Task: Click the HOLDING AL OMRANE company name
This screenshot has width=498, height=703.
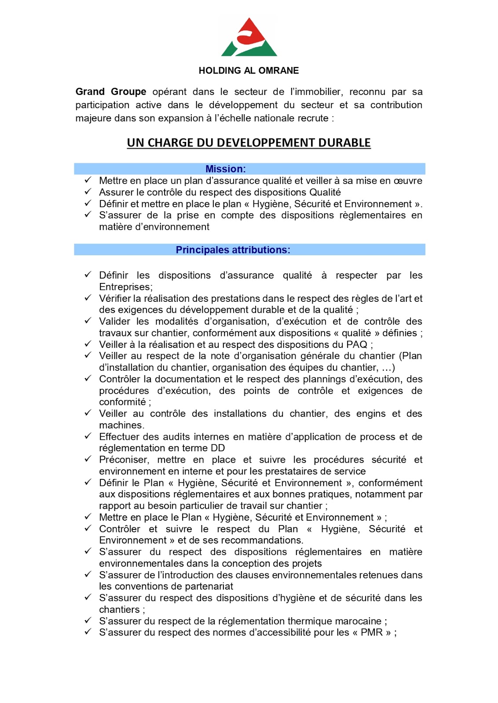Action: click(x=249, y=71)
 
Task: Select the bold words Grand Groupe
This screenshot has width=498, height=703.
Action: click(x=111, y=92)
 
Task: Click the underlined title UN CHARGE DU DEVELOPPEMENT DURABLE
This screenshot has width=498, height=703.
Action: click(x=249, y=143)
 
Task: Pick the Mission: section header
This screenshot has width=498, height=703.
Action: click(x=226, y=169)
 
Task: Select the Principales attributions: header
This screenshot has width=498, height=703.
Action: click(x=233, y=250)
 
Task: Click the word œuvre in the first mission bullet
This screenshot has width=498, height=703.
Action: click(x=407, y=181)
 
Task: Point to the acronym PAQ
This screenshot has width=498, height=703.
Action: click(x=357, y=344)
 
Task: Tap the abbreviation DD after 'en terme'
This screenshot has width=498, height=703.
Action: click(x=218, y=448)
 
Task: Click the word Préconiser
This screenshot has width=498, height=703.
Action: click(x=124, y=460)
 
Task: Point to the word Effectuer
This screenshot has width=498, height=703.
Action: click(x=120, y=437)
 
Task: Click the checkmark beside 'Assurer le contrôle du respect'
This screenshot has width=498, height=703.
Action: click(x=88, y=192)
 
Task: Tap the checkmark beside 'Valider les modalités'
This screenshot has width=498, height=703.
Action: click(x=88, y=321)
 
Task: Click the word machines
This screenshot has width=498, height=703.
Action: click(x=121, y=425)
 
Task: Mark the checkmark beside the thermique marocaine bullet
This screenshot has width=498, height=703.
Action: click(x=88, y=621)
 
